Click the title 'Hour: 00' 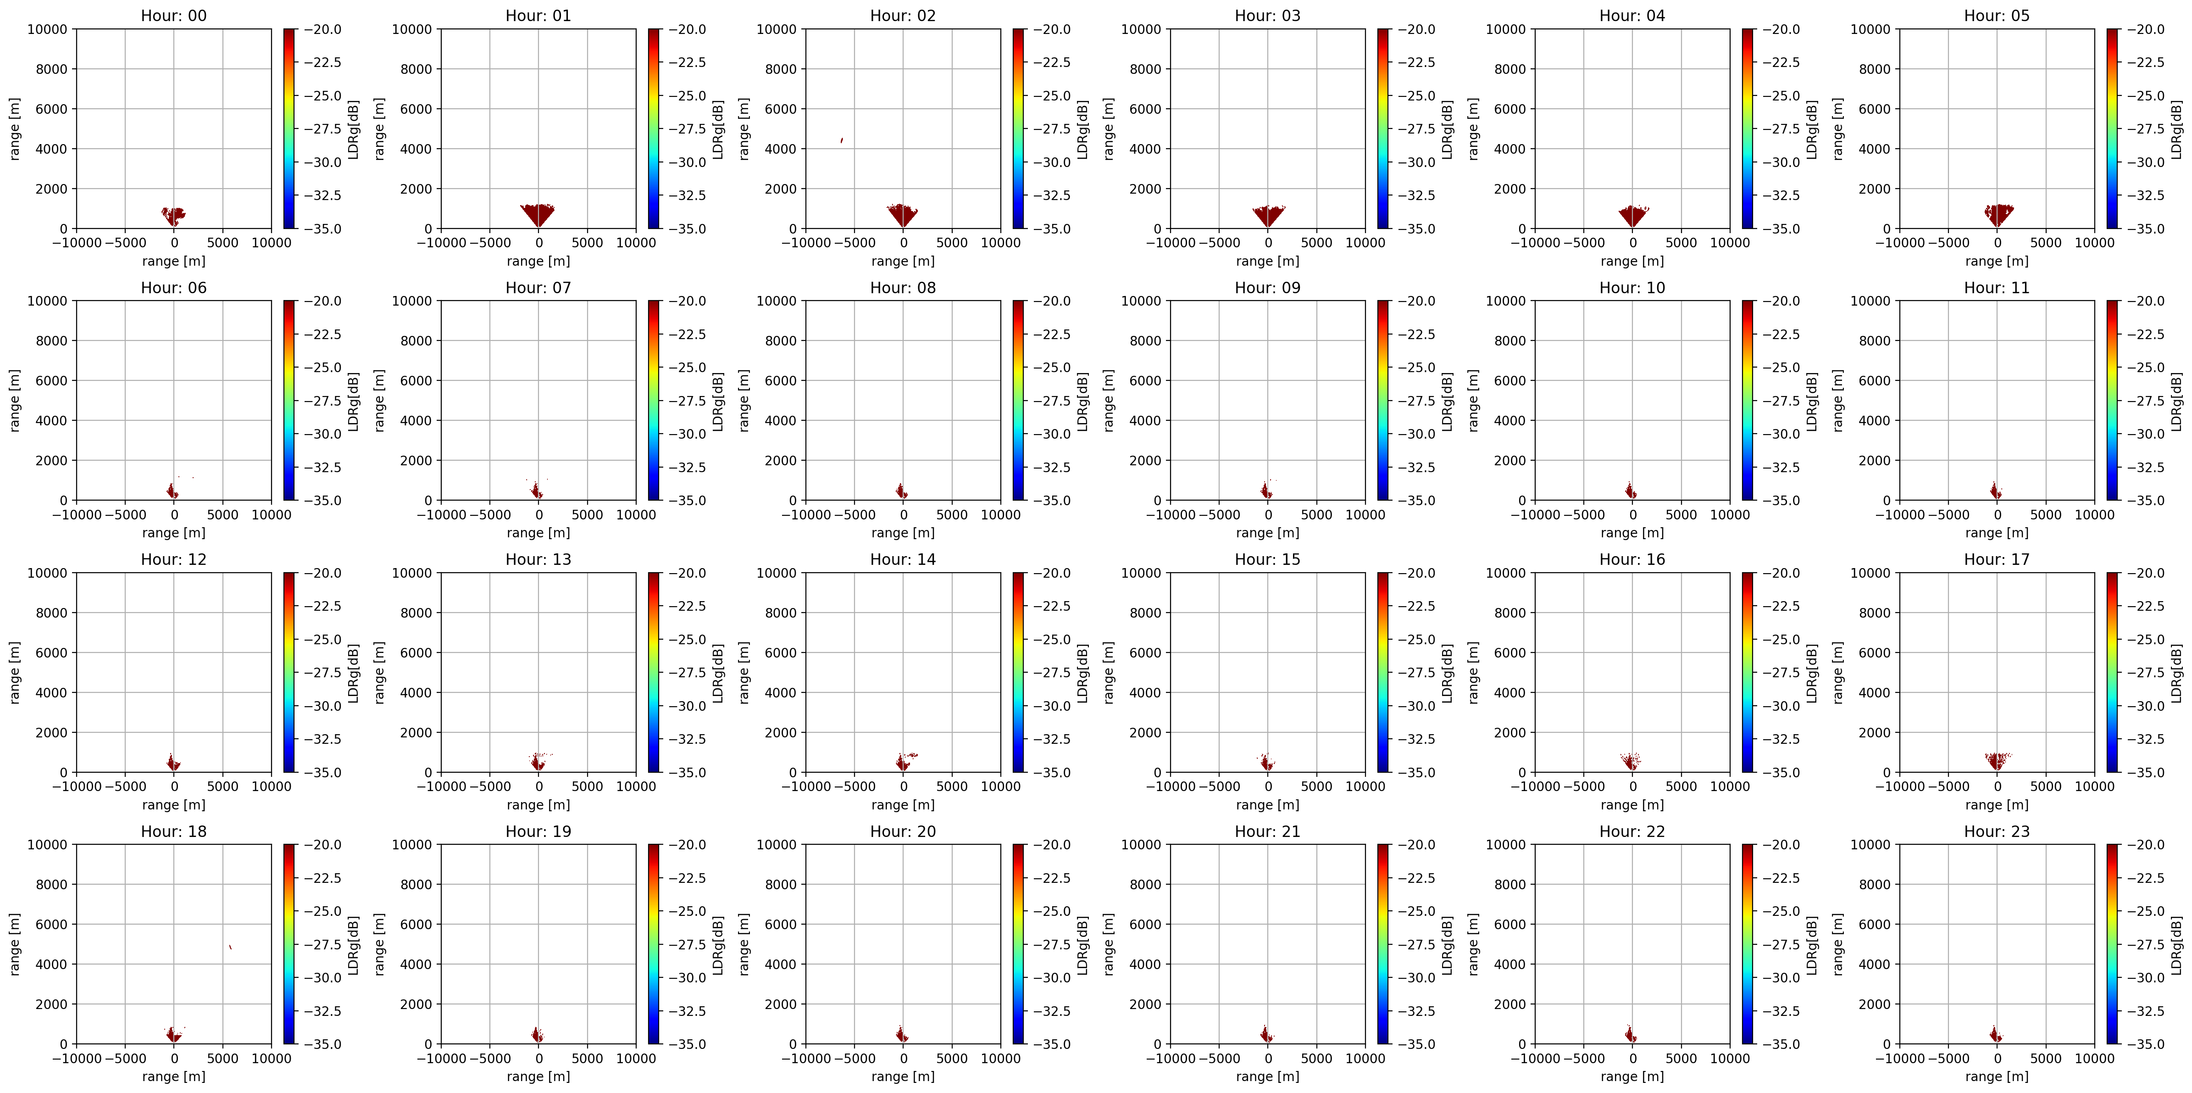(x=173, y=15)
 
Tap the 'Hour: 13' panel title (x=538, y=559)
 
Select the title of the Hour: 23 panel (x=1996, y=831)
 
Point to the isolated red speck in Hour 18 (x=230, y=947)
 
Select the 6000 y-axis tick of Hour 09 (x=1145, y=380)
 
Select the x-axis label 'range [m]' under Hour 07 (x=538, y=533)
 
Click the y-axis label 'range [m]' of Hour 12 (x=15, y=673)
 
